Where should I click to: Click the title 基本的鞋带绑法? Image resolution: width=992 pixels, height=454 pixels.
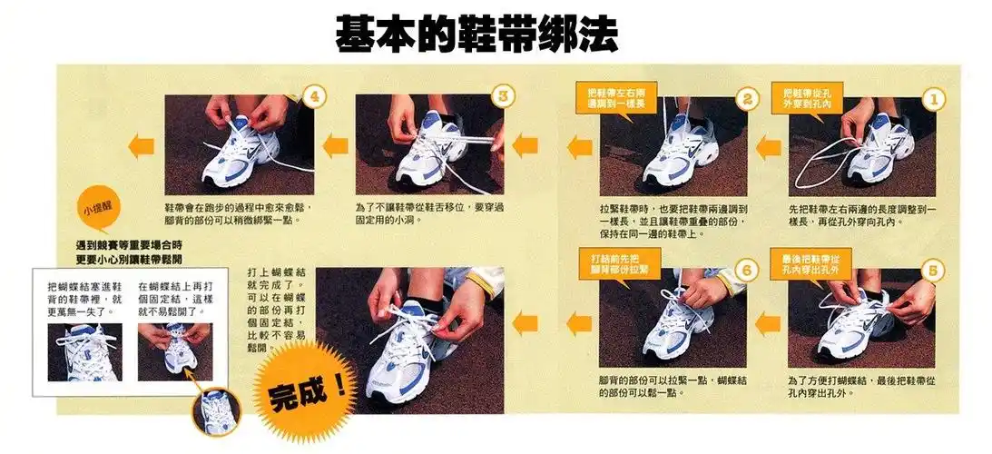476,34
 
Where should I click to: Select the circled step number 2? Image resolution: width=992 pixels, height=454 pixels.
745,98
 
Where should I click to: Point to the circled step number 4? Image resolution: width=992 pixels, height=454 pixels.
313,96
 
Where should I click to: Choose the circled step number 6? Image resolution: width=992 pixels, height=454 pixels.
745,270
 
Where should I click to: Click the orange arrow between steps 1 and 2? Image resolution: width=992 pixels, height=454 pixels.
768,145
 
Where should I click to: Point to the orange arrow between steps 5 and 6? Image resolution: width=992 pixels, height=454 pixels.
768,321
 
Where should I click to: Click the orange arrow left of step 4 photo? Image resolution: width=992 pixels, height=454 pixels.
141,145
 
